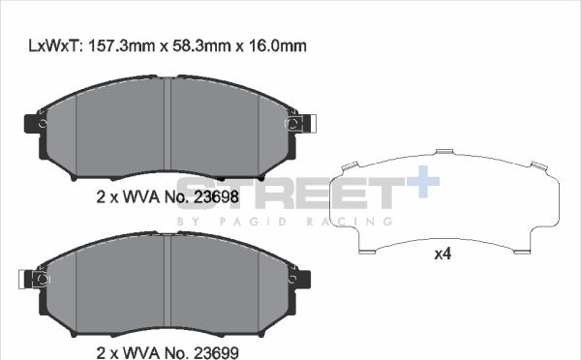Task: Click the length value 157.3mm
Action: click(121, 45)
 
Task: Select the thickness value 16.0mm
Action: click(278, 45)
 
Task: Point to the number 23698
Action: click(216, 197)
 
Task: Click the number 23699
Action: click(216, 352)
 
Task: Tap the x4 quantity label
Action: click(443, 255)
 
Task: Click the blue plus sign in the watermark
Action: click(423, 182)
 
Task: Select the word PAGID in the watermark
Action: click(253, 222)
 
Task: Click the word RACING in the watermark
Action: click(349, 222)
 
